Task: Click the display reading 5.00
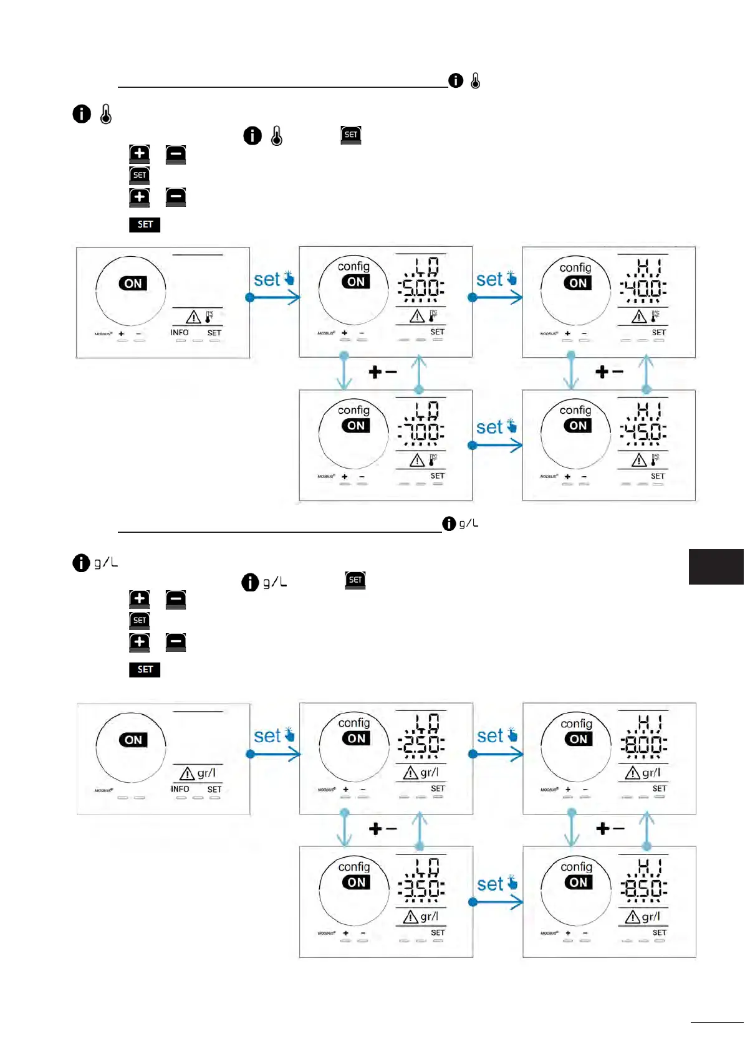421,288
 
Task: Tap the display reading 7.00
421,431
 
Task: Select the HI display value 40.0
643,288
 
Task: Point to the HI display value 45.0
643,431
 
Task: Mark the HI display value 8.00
644,745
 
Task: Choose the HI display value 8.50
644,888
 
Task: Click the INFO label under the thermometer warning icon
180,333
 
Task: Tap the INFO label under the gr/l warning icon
180,789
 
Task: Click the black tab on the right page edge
716,567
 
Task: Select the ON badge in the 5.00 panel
356,282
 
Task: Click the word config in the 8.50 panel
577,867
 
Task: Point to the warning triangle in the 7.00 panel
417,461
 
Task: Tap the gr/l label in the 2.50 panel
429,773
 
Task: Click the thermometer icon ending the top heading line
476,80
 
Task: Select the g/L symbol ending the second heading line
468,524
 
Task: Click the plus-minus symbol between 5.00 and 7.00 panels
382,372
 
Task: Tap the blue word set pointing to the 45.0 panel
490,428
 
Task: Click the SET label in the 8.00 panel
660,788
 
